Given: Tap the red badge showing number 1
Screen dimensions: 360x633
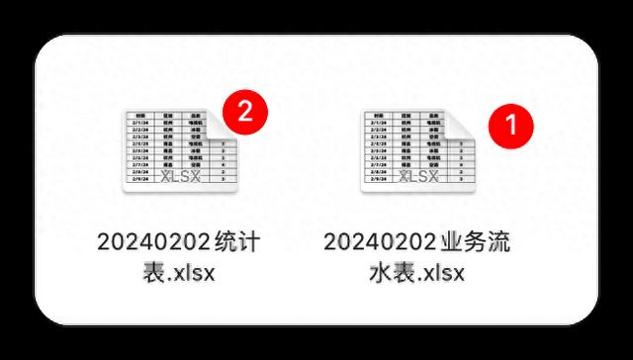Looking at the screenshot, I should [511, 124].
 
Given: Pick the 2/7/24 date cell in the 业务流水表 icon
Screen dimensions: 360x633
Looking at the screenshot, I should [379, 164].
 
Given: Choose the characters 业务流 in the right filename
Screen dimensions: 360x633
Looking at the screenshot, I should [481, 240].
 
